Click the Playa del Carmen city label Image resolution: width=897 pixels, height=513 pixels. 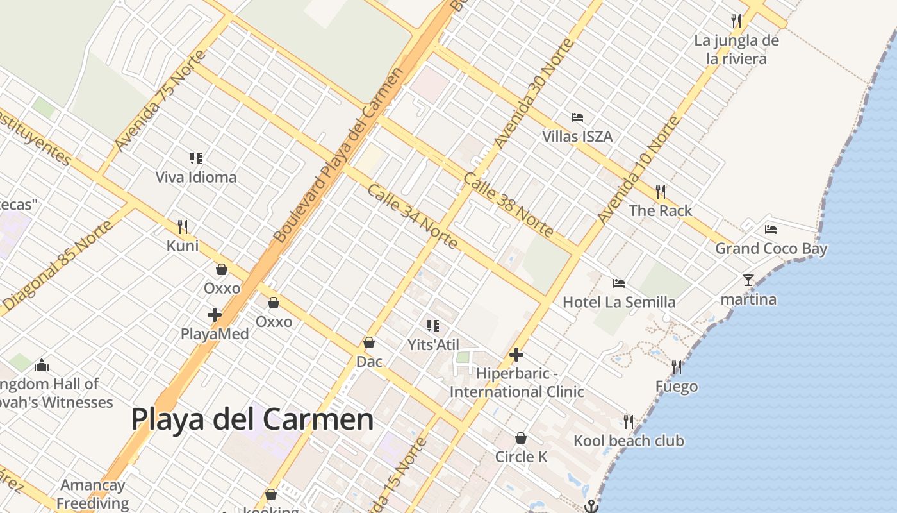252,419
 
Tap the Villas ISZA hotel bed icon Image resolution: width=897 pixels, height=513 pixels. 577,117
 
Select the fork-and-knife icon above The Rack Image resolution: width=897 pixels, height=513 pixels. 661,191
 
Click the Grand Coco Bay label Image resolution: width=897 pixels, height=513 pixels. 771,248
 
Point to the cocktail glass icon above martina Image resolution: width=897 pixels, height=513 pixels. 748,280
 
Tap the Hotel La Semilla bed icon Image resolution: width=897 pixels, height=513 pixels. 618,283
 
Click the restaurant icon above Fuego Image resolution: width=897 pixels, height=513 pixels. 676,367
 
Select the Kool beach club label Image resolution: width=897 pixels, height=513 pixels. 629,441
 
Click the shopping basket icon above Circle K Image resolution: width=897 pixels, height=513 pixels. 521,438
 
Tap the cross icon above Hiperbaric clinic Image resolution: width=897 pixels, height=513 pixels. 516,355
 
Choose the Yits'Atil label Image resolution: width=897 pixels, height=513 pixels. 434,344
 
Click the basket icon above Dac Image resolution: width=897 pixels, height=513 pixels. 368,343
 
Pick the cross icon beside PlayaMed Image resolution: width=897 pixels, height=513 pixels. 215,315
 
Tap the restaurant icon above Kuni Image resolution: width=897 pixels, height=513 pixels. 183,226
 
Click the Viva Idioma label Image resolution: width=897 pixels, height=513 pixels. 196,177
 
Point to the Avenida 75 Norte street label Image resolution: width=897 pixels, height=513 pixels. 161,103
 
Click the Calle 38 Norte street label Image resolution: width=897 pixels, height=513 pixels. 509,204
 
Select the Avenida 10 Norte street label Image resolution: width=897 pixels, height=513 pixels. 638,170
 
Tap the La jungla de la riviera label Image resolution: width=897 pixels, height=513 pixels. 736,49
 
